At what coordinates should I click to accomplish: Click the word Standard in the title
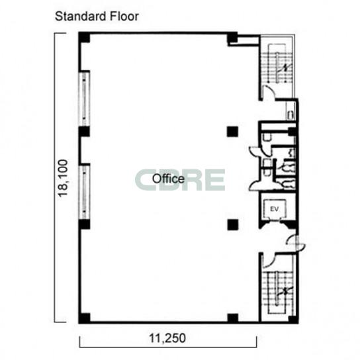pyautogui.click(x=81, y=17)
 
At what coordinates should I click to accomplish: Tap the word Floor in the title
pyautogui.click(x=124, y=17)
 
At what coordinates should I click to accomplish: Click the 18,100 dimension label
pyautogui.click(x=63, y=178)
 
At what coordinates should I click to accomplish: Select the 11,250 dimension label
pyautogui.click(x=167, y=338)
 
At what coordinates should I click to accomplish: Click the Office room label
pyautogui.click(x=168, y=179)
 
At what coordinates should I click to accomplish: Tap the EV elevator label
pyautogui.click(x=275, y=209)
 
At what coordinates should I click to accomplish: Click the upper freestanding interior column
pyautogui.click(x=232, y=132)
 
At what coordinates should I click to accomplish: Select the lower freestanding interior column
pyautogui.click(x=232, y=225)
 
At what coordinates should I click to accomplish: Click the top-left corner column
pyautogui.click(x=84, y=38)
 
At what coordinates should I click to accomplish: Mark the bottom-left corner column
pyautogui.click(x=84, y=318)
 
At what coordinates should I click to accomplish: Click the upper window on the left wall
pyautogui.click(x=84, y=99)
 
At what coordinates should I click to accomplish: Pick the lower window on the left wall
pyautogui.click(x=84, y=192)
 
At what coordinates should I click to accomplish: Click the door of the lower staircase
pyautogui.click(x=269, y=261)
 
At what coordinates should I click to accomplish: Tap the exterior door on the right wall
pyautogui.click(x=296, y=244)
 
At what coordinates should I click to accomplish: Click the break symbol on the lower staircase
pyautogui.click(x=285, y=291)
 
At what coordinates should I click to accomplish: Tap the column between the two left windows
pyautogui.click(x=84, y=132)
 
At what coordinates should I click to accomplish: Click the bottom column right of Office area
pyautogui.click(x=232, y=318)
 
